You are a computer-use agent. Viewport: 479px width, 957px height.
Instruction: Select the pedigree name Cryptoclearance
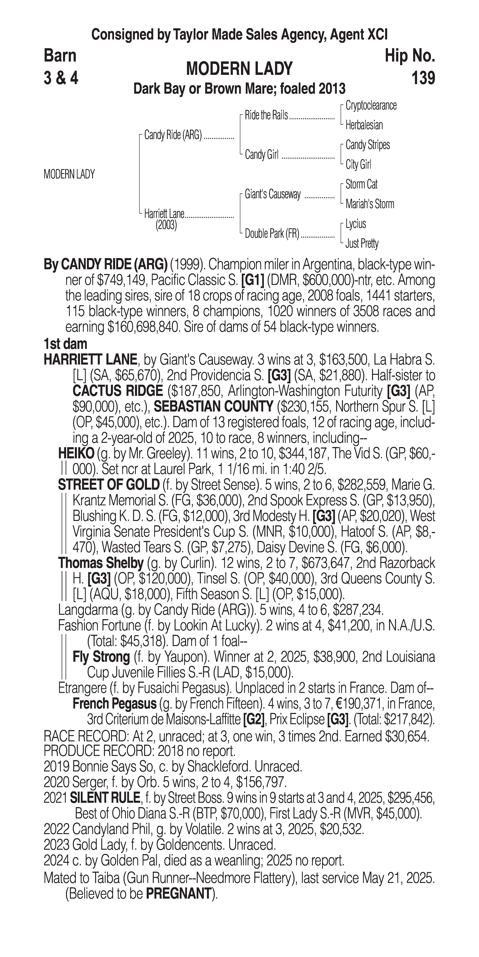click(371, 106)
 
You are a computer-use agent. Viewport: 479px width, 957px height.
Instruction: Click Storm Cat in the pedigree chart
click(361, 184)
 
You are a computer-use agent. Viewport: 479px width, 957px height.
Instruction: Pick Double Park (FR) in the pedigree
click(272, 234)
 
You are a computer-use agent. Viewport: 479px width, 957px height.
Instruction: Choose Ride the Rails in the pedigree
click(266, 116)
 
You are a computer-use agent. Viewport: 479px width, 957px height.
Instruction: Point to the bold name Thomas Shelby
click(101, 563)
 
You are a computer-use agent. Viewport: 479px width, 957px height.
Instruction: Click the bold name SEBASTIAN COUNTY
click(214, 407)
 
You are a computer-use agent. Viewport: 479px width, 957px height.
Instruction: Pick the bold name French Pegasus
click(114, 704)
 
